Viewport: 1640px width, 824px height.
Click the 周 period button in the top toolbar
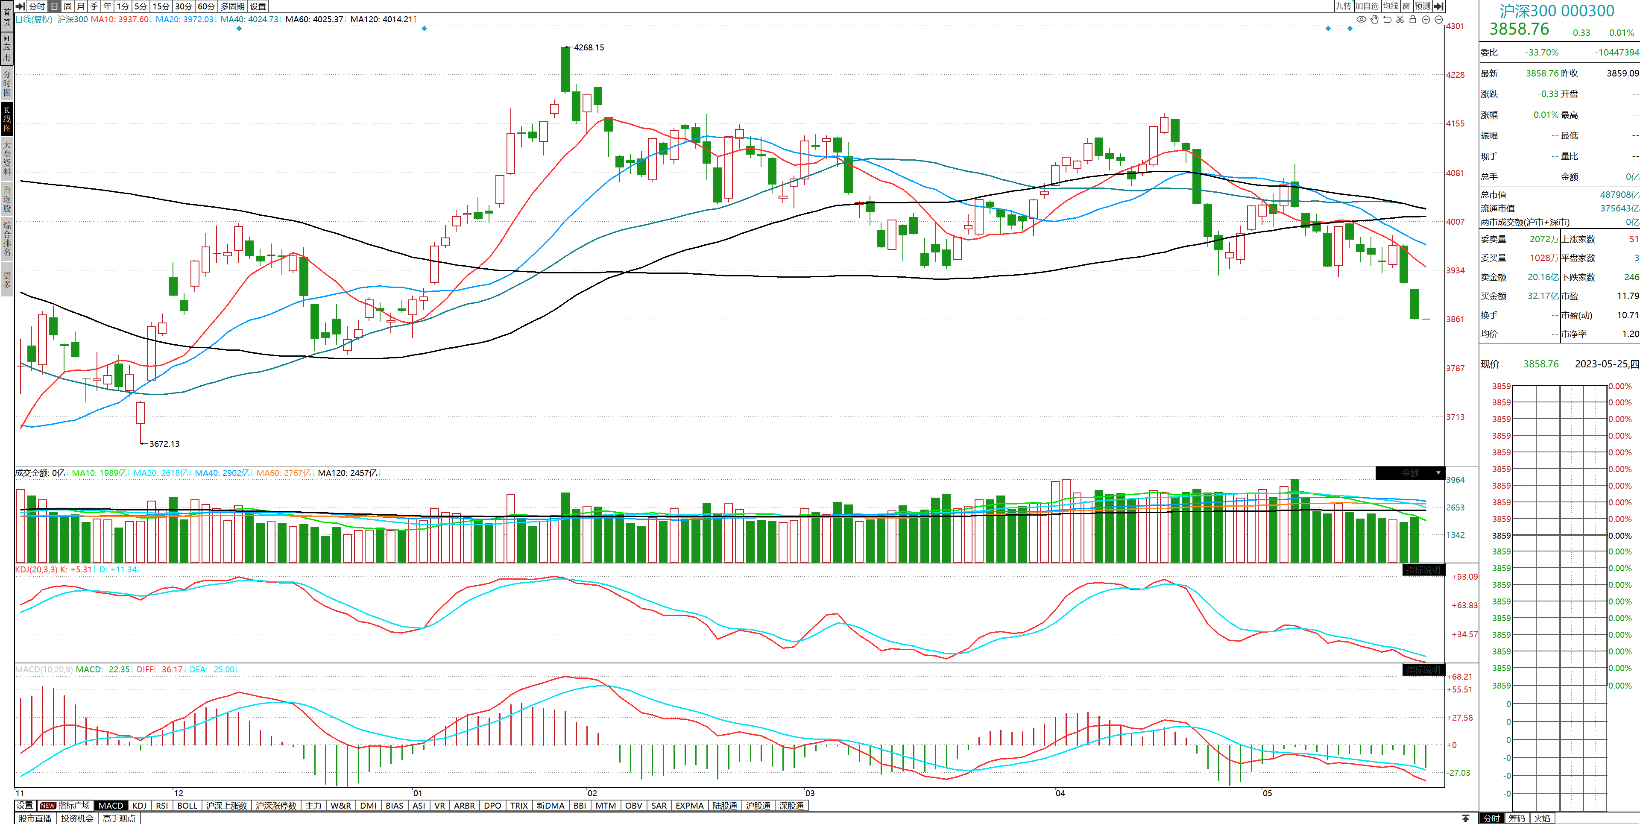click(x=67, y=6)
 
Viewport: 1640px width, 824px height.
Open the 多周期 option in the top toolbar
click(x=232, y=6)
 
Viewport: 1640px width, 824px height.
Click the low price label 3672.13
click(x=164, y=444)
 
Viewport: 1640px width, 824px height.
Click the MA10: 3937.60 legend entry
click(x=120, y=19)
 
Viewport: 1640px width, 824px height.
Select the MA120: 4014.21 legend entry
click(x=381, y=19)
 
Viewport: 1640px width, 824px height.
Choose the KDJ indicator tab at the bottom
click(x=139, y=806)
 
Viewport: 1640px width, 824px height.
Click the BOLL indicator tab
click(x=187, y=806)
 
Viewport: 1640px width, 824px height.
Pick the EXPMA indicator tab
click(x=689, y=806)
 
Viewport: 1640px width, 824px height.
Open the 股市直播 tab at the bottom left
click(x=35, y=818)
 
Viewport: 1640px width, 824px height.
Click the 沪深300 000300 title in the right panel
click(x=1557, y=11)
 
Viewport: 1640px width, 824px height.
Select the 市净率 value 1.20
click(x=1631, y=334)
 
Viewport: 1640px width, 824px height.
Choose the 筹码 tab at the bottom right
click(x=1517, y=818)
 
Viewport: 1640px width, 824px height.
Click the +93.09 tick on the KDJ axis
click(x=1464, y=577)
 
